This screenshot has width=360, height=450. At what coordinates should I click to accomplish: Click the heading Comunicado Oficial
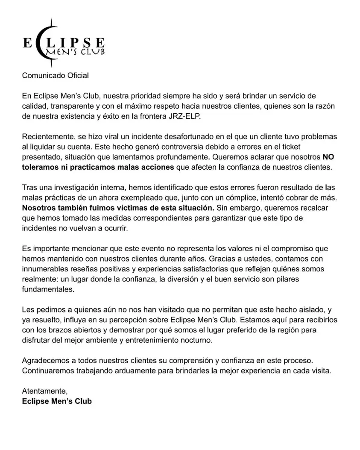pos(56,76)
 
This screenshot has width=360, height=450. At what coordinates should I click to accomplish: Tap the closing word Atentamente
pos(45,391)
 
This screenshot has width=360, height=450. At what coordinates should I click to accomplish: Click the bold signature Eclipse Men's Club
pos(57,401)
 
